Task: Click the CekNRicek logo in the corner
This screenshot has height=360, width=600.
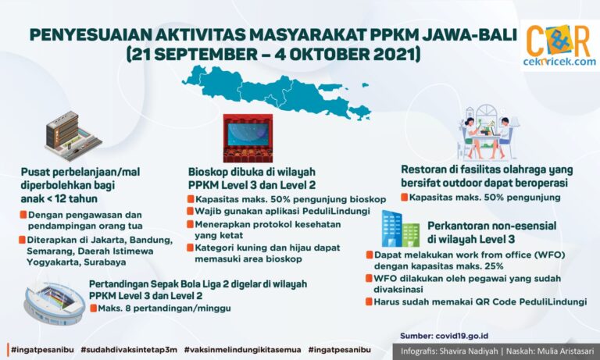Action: [559, 45]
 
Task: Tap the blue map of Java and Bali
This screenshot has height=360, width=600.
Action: [277, 92]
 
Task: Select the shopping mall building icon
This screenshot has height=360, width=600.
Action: [73, 136]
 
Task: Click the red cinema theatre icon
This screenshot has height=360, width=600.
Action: [248, 138]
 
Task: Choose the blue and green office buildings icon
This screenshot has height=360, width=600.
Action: [400, 229]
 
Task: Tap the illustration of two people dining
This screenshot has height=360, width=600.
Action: [488, 133]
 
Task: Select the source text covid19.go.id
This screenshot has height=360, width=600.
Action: [462, 336]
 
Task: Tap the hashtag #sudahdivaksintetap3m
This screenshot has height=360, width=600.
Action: [129, 350]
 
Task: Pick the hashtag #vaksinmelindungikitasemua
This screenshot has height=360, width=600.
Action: [242, 350]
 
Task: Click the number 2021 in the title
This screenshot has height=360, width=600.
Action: [397, 54]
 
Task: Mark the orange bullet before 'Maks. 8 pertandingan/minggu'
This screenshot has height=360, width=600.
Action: [93, 308]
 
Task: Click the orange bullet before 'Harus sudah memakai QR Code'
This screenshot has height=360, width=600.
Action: [369, 301]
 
